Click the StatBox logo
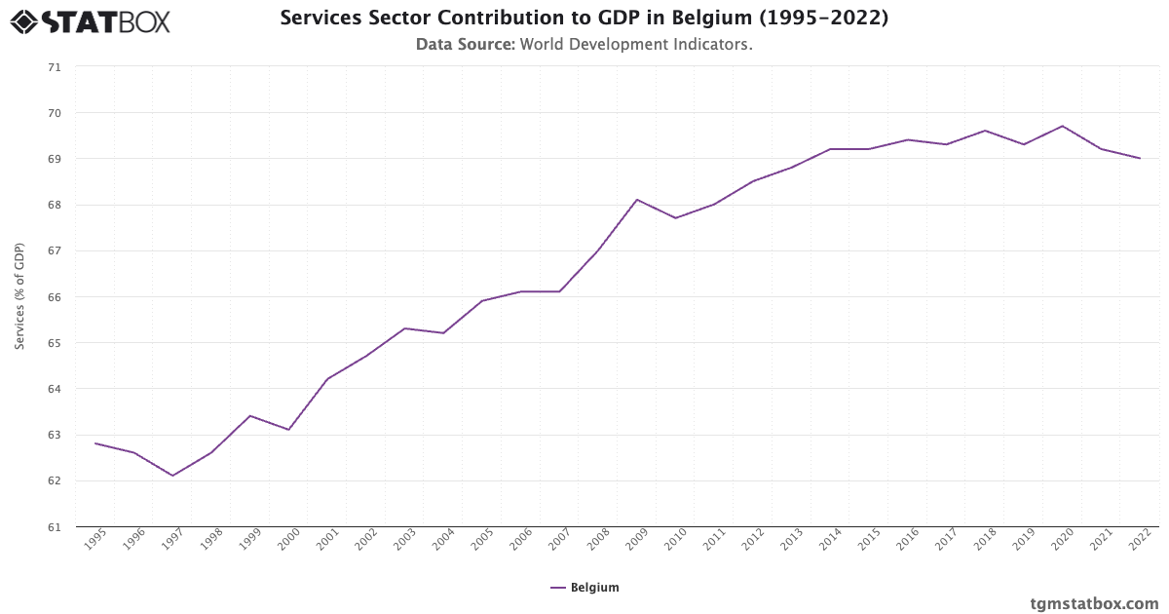pyautogui.click(x=90, y=20)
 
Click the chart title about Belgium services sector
pyautogui.click(x=584, y=18)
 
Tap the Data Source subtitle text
pyautogui.click(x=584, y=44)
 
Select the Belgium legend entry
pyautogui.click(x=584, y=588)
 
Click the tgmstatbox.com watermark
pyautogui.click(x=1094, y=603)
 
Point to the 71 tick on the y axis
pyautogui.click(x=54, y=67)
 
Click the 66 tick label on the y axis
pyautogui.click(x=54, y=297)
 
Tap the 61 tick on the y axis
pyautogui.click(x=54, y=527)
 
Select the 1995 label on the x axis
pyautogui.click(x=94, y=541)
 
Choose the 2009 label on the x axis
pyautogui.click(x=636, y=541)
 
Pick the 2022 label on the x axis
pyautogui.click(x=1139, y=541)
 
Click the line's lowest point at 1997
pyautogui.click(x=172, y=476)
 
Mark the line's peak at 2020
pyautogui.click(x=1062, y=126)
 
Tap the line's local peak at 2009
pyautogui.click(x=636, y=200)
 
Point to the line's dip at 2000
pyautogui.click(x=288, y=430)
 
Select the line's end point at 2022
pyautogui.click(x=1140, y=158)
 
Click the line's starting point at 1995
pyautogui.click(x=95, y=443)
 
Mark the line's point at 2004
pyautogui.click(x=443, y=333)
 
